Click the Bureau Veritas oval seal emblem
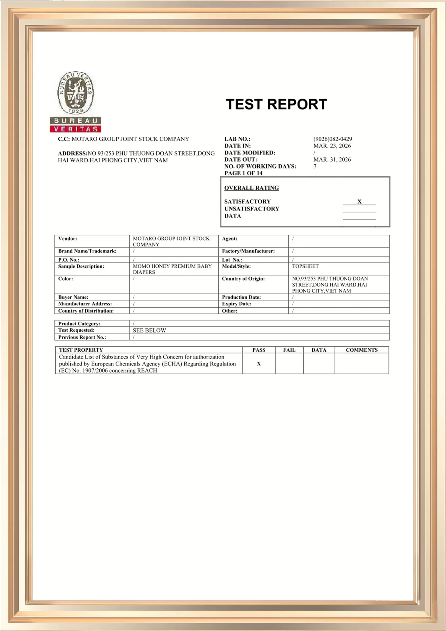76,93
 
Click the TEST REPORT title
276,105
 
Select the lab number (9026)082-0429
333,139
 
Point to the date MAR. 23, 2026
332,146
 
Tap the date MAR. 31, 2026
332,160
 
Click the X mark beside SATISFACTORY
359,201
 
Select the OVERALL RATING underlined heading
251,188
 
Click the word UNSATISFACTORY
252,209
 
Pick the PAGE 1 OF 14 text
243,173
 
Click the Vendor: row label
68,239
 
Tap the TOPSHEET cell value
305,266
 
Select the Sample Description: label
81,266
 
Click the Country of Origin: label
243,279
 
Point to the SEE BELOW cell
150,330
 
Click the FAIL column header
289,350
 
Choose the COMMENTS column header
362,350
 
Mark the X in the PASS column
259,364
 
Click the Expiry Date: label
236,304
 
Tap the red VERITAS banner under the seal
76,129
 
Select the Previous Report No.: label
82,337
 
